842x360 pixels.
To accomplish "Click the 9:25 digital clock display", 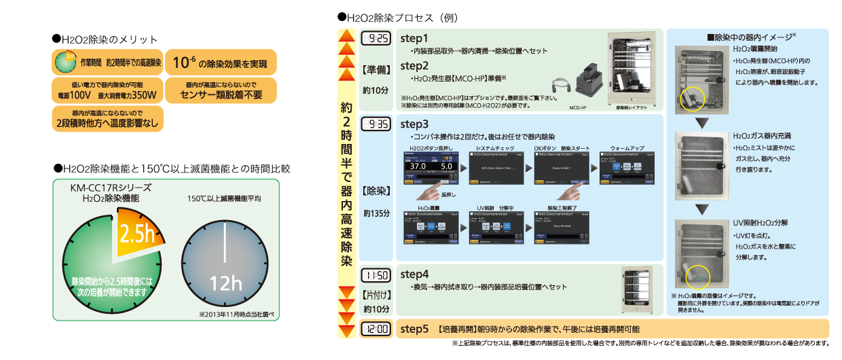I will pos(376,39).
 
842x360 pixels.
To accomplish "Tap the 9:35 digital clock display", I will pos(376,124).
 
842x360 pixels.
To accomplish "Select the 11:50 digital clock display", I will pos(376,275).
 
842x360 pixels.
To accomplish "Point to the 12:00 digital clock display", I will pos(376,329).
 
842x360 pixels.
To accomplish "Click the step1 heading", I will pos(414,39).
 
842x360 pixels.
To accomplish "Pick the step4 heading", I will pos(414,274).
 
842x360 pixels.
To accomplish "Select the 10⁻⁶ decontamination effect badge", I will pos(220,65).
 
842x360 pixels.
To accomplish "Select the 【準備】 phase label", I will pos(376,69).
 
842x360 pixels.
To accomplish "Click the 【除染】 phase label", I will pos(376,192).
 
